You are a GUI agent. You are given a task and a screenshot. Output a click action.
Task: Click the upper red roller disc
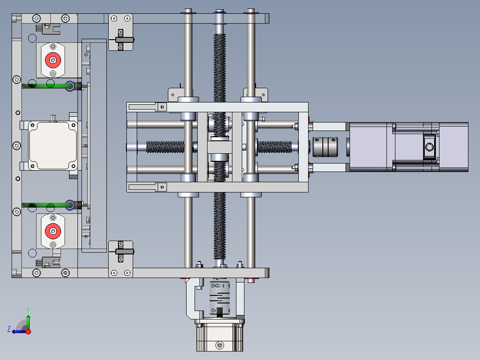pos(53,60)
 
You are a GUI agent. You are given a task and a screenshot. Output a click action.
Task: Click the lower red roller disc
pos(53,231)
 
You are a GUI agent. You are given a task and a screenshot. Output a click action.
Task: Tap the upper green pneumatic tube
pos(46,86)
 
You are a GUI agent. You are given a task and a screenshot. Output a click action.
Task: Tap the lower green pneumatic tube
pos(46,205)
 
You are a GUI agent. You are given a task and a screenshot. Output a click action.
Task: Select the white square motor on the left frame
pos(53,146)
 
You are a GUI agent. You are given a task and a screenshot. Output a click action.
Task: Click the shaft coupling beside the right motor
pos(325,147)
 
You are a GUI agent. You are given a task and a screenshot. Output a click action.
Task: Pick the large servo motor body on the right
pos(409,147)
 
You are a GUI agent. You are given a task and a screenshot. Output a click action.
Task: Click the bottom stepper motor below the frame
pos(220,335)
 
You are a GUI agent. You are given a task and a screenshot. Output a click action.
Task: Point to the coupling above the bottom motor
pos(220,299)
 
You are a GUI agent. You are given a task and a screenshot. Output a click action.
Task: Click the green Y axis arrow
pos(28,319)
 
